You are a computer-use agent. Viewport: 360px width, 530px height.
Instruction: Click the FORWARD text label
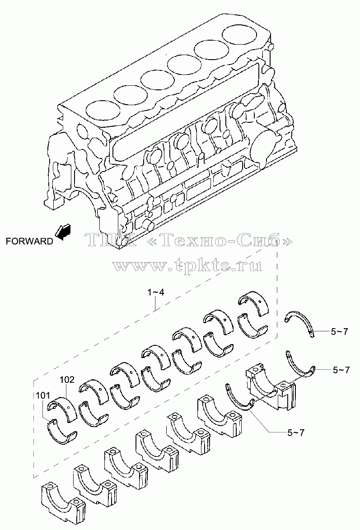point(29,241)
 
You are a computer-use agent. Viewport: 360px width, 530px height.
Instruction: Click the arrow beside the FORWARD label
point(63,232)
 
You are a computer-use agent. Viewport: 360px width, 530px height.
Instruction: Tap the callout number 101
point(43,395)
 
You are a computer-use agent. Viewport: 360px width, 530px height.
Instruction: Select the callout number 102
point(67,380)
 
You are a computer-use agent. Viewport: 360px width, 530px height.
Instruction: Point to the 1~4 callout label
point(156,292)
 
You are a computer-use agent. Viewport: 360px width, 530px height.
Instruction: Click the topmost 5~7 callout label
point(339,332)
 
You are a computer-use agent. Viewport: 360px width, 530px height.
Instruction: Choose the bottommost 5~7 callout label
point(296,432)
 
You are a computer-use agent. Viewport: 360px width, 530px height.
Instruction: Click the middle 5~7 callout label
point(341,370)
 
